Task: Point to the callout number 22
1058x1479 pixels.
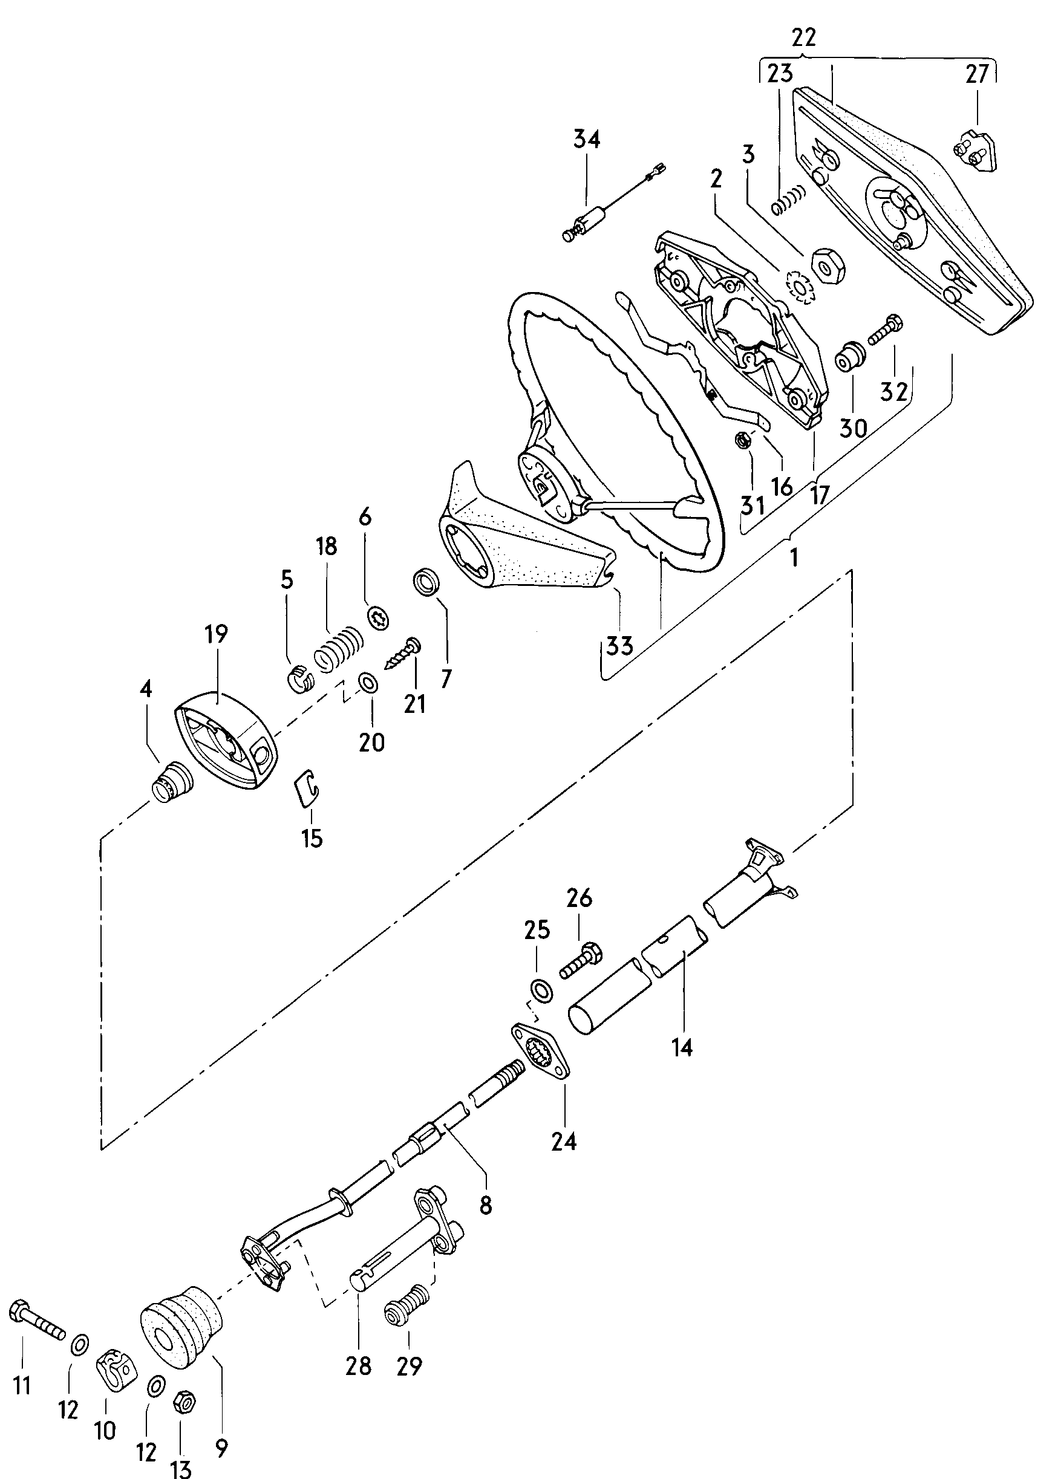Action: click(x=804, y=37)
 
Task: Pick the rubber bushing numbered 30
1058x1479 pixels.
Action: click(x=850, y=356)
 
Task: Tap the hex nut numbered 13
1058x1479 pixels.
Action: click(x=183, y=1400)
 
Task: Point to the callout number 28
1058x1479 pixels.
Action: click(x=358, y=1365)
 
